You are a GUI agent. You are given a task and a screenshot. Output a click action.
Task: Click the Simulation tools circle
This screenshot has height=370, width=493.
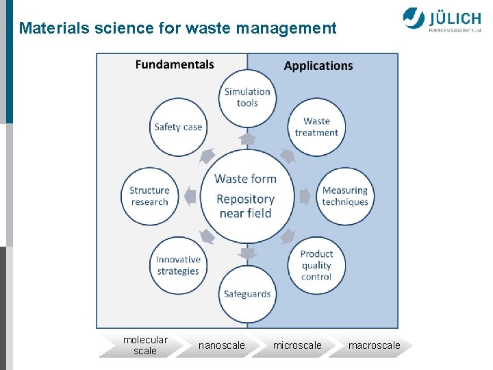point(247,97)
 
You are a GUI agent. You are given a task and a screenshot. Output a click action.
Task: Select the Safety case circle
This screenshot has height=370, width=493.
point(178,127)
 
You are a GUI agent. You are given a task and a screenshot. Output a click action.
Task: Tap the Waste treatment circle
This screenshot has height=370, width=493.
point(316,127)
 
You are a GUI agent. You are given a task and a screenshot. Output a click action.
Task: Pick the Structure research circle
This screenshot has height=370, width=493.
point(149,196)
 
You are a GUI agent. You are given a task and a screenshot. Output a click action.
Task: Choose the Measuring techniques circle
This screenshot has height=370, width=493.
point(345,196)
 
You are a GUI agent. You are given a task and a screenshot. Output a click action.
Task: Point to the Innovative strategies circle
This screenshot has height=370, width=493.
point(178,265)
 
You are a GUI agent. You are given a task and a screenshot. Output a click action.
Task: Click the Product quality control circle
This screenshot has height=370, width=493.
point(316,265)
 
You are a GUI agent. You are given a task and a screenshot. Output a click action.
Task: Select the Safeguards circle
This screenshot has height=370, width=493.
point(247,295)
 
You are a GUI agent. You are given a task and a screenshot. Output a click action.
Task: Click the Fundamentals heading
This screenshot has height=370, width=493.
point(175,64)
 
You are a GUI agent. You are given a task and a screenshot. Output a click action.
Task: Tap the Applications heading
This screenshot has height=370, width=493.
point(318,66)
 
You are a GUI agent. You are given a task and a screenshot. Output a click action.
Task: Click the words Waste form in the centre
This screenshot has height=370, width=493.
point(246,179)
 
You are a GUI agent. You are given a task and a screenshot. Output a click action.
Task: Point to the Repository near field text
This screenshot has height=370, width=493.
point(246,206)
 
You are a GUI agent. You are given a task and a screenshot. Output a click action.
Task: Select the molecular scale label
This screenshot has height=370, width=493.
point(145,345)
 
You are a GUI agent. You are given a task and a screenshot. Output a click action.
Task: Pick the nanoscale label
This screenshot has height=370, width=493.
point(221,345)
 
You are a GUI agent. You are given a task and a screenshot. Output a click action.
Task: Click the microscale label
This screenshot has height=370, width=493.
point(297,345)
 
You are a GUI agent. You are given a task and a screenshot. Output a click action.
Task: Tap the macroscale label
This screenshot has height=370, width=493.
point(374,345)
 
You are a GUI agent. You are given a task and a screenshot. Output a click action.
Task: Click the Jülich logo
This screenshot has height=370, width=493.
point(442,21)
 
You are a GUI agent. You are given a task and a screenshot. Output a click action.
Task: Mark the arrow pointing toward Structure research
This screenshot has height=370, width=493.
point(189,197)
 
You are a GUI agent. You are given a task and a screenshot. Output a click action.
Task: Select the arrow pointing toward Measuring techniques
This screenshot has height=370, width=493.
point(305,197)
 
